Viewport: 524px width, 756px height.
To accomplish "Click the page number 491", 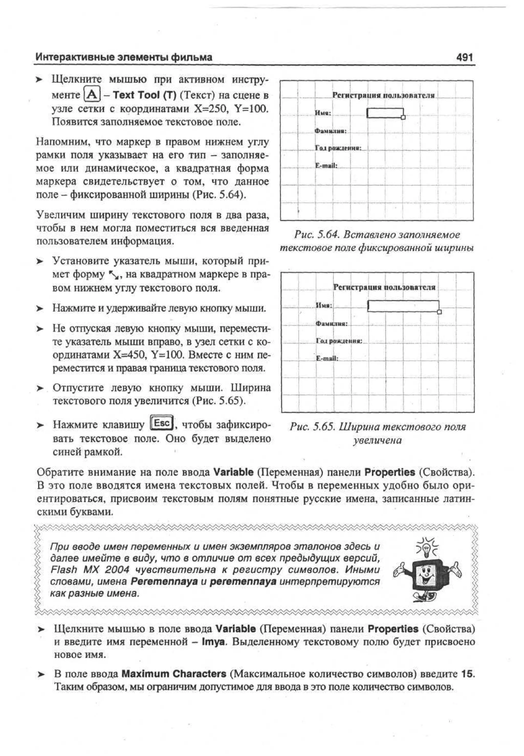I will [x=464, y=58].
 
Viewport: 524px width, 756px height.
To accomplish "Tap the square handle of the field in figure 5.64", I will [x=403, y=117].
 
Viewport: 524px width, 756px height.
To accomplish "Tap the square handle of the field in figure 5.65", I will [x=440, y=312].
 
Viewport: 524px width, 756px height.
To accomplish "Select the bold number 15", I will [x=467, y=674].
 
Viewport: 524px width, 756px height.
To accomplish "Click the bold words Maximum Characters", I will [x=174, y=674].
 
